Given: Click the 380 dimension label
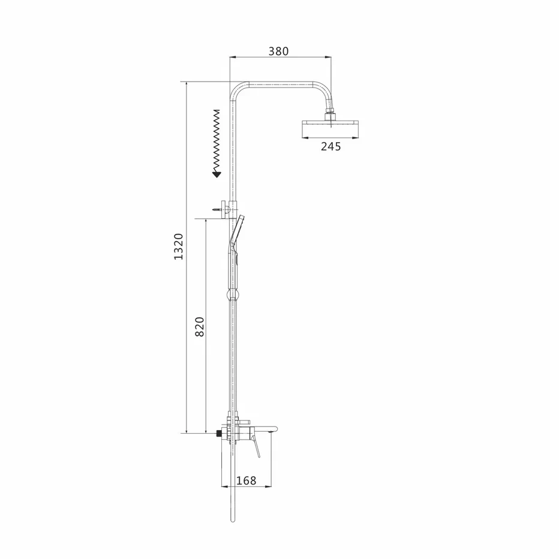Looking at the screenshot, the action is pos(278,52).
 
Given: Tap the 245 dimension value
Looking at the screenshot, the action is pos(331,146).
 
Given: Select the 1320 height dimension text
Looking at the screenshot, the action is pos(178,247).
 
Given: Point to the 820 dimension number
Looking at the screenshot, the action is pos(200,326).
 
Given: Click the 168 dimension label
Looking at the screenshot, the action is pos(247,480).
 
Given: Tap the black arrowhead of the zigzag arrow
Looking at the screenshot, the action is pos(217,175).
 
